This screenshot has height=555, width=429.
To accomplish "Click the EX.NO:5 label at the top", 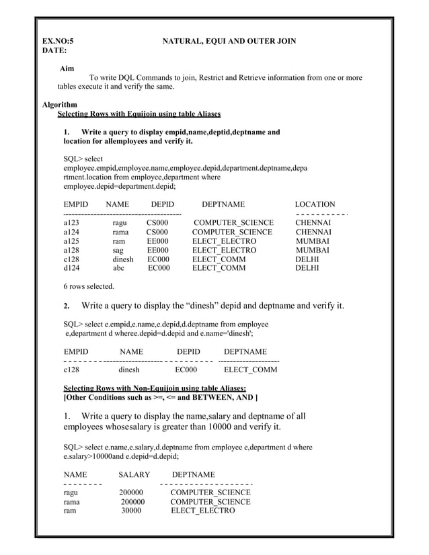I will point(58,42).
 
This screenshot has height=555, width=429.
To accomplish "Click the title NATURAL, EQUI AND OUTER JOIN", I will point(229,42).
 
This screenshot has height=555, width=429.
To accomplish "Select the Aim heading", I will point(67,69).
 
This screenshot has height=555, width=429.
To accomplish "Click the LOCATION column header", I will point(315,204).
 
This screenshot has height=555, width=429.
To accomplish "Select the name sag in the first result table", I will point(118,250).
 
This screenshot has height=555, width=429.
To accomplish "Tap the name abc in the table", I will point(118,268).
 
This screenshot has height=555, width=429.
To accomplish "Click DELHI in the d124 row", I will point(307,268).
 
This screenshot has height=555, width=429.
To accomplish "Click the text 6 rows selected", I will point(88,286).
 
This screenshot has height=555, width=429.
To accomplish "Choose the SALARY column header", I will point(134,474).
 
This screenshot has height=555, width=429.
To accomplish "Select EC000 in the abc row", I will point(159,268).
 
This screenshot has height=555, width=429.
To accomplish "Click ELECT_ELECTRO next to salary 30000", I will point(202,511).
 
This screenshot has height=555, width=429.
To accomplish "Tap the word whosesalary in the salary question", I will point(123,427).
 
